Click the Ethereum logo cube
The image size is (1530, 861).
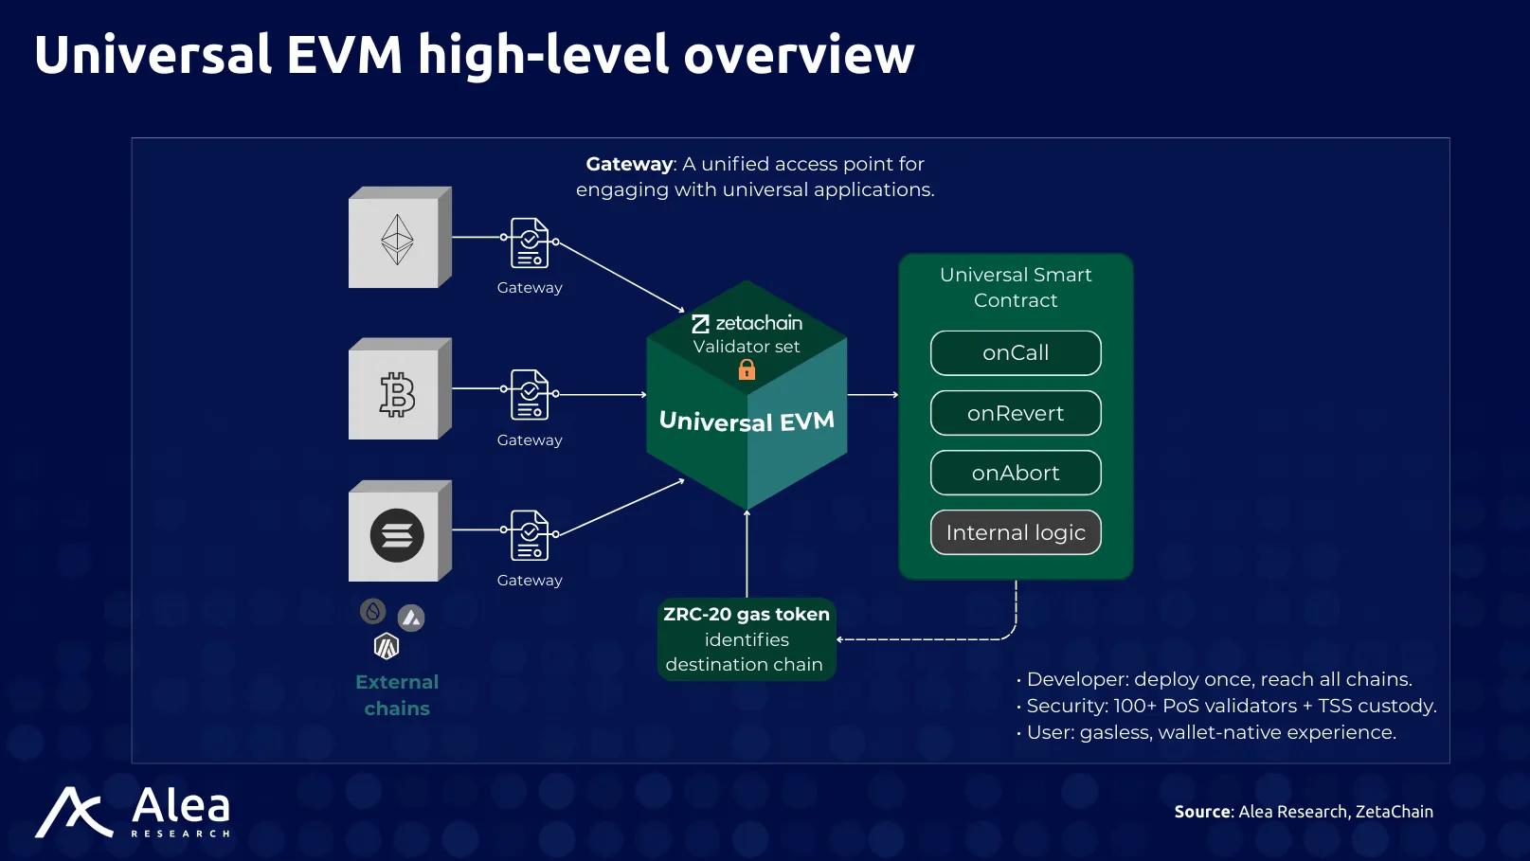click(400, 237)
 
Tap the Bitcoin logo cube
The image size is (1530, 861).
click(400, 388)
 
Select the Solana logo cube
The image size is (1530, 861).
click(400, 530)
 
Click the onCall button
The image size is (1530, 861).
click(1016, 353)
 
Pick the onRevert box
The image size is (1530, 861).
click(1016, 413)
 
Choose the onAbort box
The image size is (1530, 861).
click(1016, 473)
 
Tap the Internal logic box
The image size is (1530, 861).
click(1016, 532)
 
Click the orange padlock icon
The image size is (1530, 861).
click(747, 369)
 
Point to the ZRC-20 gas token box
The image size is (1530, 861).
click(747, 639)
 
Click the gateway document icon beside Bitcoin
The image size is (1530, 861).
click(530, 395)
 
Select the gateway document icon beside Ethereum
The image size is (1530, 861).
click(530, 243)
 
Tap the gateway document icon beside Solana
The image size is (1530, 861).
click(530, 535)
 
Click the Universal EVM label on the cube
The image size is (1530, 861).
click(747, 422)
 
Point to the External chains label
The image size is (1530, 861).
click(397, 695)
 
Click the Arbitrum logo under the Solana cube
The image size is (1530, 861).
click(387, 646)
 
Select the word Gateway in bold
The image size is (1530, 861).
click(629, 165)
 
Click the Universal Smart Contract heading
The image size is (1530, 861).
click(1016, 287)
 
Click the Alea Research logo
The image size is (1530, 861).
click(133, 812)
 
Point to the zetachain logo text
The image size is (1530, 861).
click(747, 323)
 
